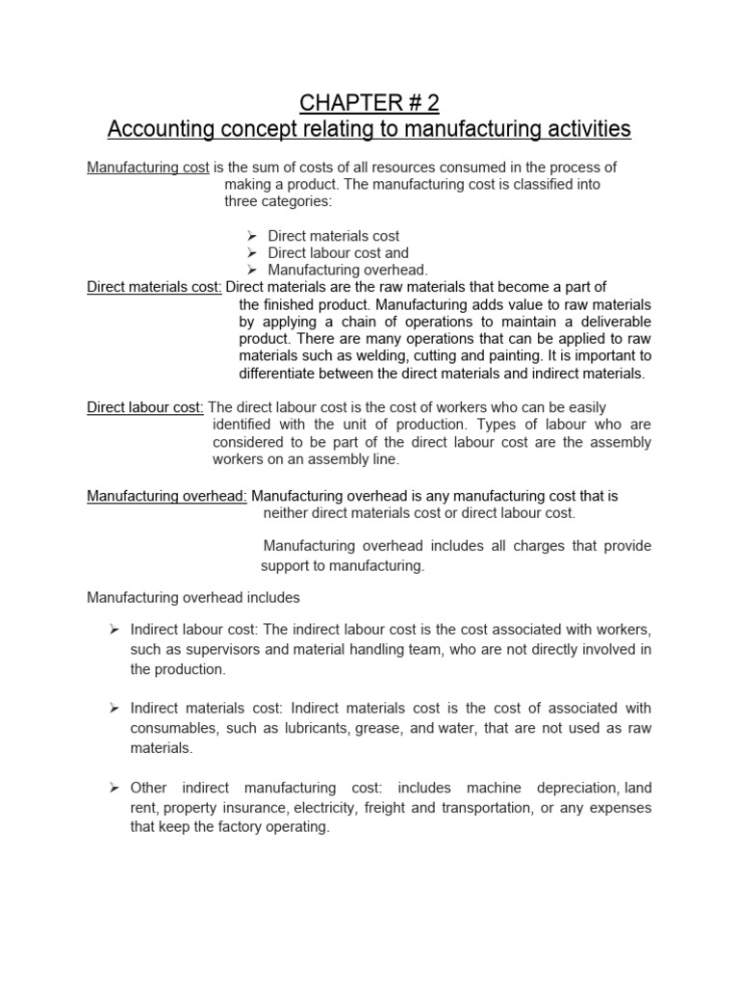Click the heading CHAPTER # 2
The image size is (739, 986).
click(369, 103)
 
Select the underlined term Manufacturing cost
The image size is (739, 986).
click(148, 168)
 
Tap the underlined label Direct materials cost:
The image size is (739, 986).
click(155, 287)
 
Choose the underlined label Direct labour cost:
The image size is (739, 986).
click(145, 407)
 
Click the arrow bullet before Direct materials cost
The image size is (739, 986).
click(250, 236)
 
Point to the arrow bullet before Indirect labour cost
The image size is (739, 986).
click(113, 629)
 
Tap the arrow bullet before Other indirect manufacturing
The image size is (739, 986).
click(113, 788)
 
